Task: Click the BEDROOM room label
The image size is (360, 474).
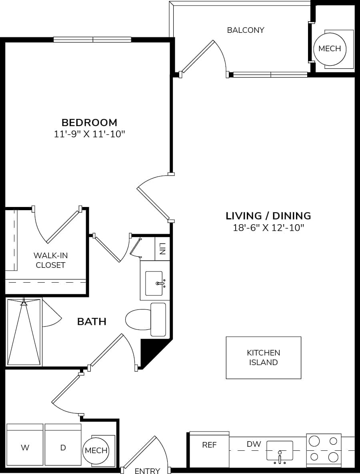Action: (89, 123)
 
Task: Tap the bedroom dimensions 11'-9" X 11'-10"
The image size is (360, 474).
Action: (89, 134)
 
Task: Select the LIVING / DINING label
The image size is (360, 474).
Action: (268, 216)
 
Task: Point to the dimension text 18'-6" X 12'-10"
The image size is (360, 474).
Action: (268, 228)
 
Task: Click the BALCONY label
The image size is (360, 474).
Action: (245, 30)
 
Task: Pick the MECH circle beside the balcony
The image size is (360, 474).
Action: (330, 48)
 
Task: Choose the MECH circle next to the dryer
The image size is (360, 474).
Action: (96, 450)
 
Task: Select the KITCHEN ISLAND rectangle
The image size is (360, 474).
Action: (263, 358)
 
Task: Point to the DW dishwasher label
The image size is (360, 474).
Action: (254, 444)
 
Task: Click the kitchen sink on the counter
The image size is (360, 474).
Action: (280, 451)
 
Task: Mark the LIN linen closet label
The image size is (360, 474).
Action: (162, 249)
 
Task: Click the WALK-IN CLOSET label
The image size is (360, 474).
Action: (50, 260)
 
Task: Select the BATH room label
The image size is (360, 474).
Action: (92, 321)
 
